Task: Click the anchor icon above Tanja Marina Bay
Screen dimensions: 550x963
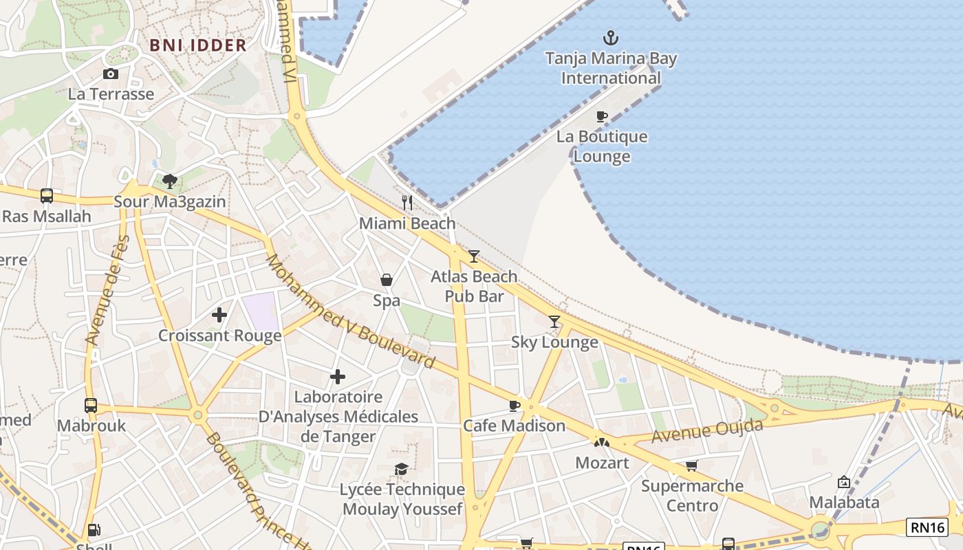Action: point(610,38)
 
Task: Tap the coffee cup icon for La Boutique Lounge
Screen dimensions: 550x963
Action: point(602,116)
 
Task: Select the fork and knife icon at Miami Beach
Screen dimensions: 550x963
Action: point(407,202)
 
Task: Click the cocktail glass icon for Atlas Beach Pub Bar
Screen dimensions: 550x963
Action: point(474,256)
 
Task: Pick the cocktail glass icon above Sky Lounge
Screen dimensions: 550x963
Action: point(554,321)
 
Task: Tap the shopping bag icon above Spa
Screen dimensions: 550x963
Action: point(387,280)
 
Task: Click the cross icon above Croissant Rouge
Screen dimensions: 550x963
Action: point(219,315)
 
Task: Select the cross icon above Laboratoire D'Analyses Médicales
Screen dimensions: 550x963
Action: point(338,377)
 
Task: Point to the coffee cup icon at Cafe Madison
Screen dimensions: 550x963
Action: point(514,406)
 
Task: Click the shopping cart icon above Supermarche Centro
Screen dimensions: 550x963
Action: point(692,465)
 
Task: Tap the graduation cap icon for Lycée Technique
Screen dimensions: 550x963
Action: point(401,469)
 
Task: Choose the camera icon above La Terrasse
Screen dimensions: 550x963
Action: point(111,74)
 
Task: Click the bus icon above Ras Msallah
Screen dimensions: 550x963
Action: point(47,196)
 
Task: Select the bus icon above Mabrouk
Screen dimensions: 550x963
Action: point(91,405)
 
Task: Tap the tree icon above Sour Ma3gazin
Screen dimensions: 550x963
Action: point(170,181)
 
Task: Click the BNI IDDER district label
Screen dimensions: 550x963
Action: point(198,45)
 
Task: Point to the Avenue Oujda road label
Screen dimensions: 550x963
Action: point(707,431)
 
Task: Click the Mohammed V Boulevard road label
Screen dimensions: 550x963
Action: point(350,311)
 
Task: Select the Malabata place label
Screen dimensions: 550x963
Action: point(844,503)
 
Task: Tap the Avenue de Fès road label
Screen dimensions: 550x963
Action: point(107,290)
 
